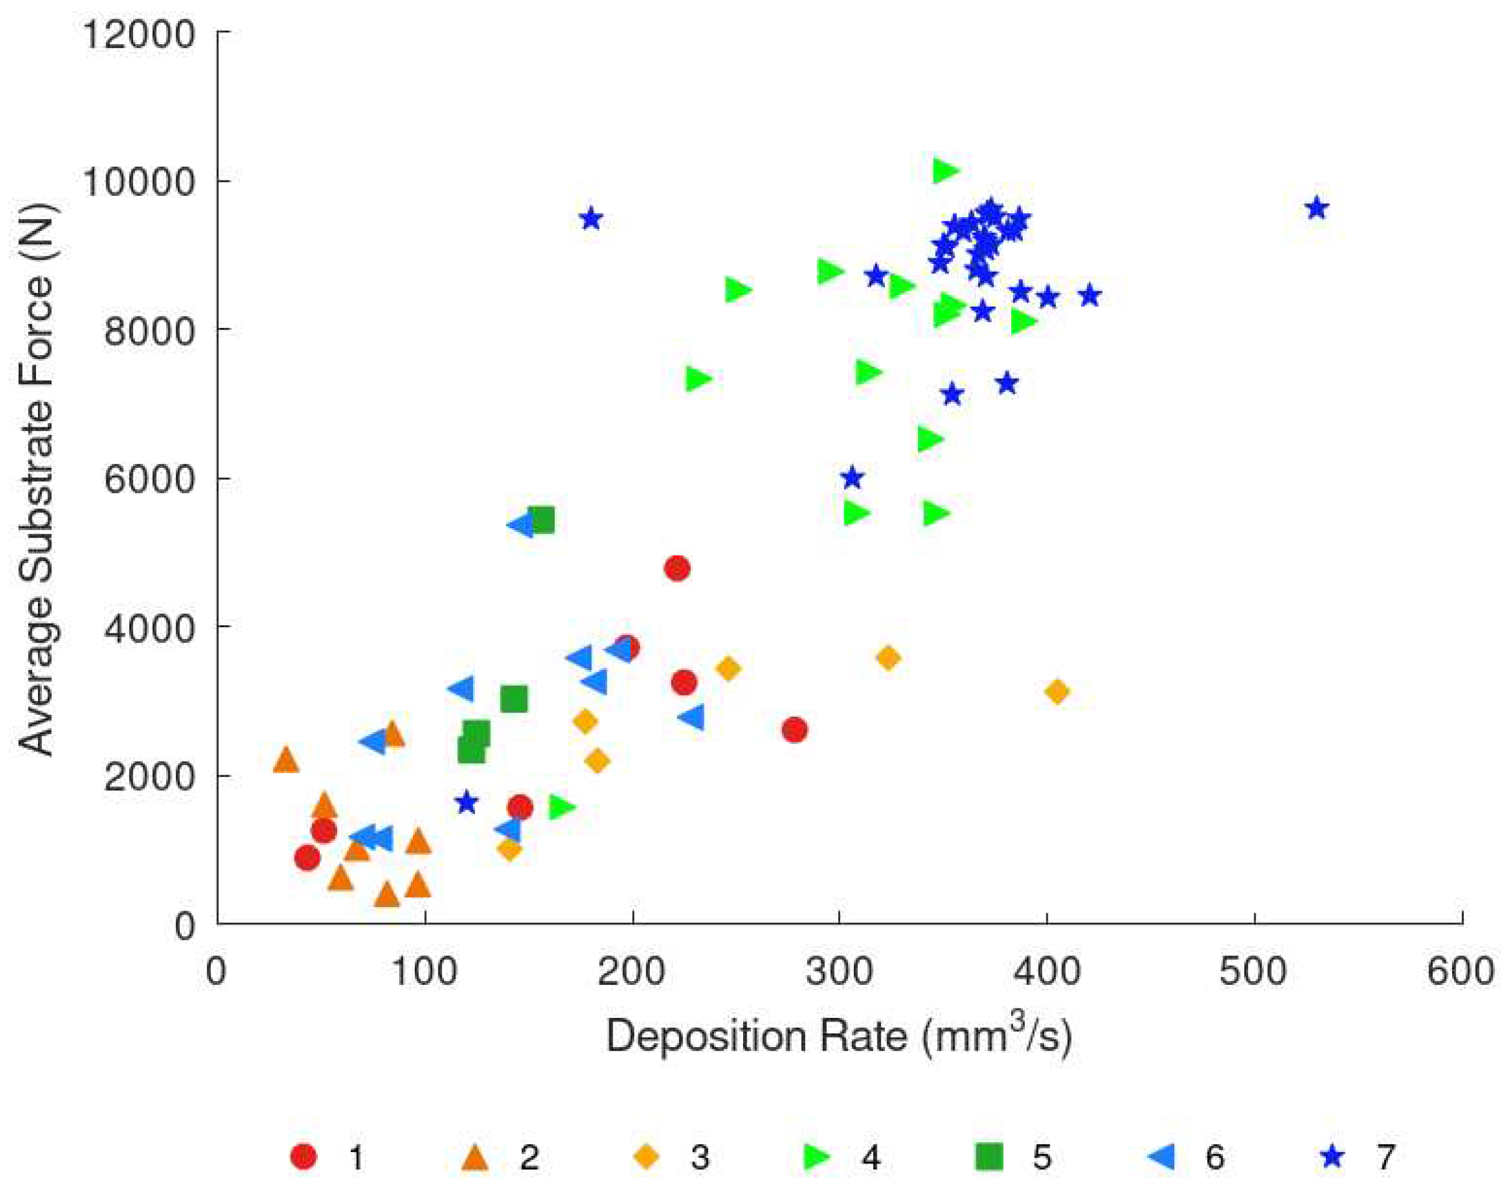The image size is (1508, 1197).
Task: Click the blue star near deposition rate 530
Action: click(1316, 208)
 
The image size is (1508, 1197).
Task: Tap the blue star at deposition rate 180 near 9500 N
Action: click(591, 219)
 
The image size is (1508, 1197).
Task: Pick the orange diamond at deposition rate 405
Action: click(1057, 692)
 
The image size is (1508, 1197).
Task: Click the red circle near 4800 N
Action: click(677, 568)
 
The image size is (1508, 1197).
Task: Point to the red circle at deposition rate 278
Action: click(795, 730)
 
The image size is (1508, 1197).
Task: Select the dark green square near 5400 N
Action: click(542, 519)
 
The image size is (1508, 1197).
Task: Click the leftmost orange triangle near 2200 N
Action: click(285, 760)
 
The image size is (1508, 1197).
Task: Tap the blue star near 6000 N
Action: click(852, 478)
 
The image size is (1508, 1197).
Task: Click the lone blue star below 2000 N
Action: click(466, 803)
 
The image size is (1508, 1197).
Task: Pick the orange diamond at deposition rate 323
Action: click(887, 658)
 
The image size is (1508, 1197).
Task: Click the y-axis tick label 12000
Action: click(139, 33)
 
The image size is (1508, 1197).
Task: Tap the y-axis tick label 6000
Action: click(148, 480)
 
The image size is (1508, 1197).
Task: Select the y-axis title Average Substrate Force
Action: click(36, 479)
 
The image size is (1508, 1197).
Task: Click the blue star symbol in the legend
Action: click(1333, 1157)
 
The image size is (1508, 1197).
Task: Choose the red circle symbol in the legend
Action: click(303, 1157)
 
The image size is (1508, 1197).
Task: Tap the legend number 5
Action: click(1042, 1158)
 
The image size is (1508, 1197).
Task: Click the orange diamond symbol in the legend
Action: click(645, 1157)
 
